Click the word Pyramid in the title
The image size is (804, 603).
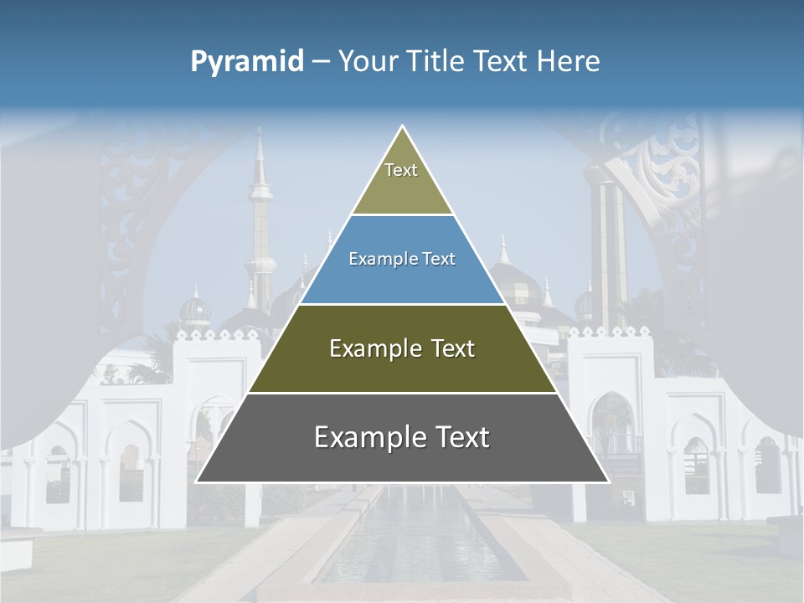(246, 62)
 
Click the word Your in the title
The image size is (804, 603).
(368, 61)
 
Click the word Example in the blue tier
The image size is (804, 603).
(374, 260)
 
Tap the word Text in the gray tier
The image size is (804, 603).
(459, 437)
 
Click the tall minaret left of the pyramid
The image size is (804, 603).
(260, 226)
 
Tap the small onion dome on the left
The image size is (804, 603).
(195, 312)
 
